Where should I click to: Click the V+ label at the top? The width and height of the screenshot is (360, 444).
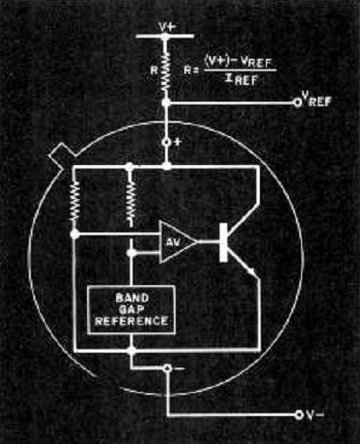(168, 27)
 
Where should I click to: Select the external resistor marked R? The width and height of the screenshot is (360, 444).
(165, 71)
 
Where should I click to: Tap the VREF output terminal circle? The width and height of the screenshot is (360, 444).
(298, 103)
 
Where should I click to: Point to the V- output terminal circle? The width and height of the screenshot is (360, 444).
(299, 414)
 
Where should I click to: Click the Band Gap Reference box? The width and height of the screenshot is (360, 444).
(132, 310)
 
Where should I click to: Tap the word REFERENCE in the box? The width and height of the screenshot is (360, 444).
(132, 321)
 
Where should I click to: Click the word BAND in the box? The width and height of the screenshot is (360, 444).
(132, 298)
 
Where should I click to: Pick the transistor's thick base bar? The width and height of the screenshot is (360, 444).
(223, 242)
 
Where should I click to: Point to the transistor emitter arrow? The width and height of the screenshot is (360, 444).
(250, 271)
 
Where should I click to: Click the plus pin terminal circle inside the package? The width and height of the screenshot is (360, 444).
(167, 142)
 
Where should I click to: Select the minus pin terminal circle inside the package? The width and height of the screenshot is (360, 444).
(168, 369)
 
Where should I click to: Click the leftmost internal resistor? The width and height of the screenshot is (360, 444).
(75, 202)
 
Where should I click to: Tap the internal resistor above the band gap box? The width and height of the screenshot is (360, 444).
(131, 202)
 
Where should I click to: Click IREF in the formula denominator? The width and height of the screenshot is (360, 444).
(241, 80)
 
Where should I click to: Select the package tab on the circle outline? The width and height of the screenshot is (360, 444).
(62, 154)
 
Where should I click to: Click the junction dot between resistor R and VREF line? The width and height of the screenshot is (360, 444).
(166, 103)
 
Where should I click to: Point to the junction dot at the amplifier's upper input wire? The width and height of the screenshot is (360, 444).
(75, 234)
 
